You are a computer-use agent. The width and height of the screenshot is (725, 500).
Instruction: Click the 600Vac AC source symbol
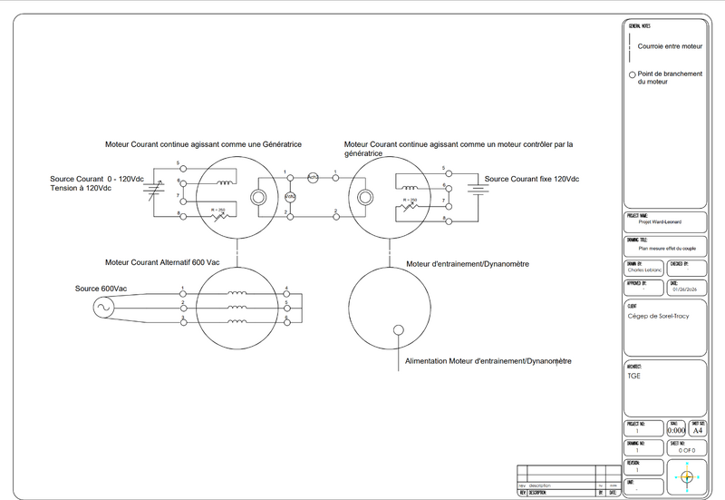tap(101, 308)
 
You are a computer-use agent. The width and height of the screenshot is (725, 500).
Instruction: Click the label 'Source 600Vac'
tap(101, 289)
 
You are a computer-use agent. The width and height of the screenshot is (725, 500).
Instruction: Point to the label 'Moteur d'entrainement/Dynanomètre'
tap(468, 264)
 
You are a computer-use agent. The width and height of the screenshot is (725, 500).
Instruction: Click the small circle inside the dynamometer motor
tap(396, 329)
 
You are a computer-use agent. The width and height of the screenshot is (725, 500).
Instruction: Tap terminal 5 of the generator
tap(183, 169)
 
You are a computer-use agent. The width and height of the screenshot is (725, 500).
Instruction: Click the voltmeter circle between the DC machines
tap(290, 196)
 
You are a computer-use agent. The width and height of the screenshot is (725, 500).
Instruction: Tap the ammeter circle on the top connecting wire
tap(314, 177)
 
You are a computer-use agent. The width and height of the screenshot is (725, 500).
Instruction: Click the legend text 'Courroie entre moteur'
tap(670, 45)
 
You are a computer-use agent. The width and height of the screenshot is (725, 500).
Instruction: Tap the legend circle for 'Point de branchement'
tap(632, 74)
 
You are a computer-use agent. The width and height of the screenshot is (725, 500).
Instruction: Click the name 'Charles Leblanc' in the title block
tap(644, 270)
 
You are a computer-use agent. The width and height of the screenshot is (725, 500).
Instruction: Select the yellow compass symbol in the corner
tap(686, 476)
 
